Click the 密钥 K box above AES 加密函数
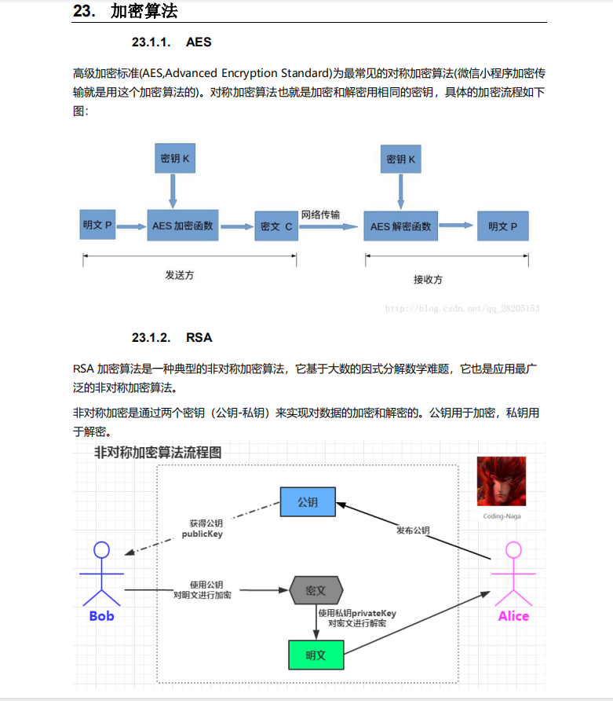(175, 159)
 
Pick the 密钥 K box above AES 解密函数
(401, 160)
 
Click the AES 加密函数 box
(183, 226)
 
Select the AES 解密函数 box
(400, 226)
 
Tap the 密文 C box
(276, 226)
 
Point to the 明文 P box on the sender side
(98, 226)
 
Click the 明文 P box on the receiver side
(502, 226)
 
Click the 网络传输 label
(321, 215)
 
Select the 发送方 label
(179, 276)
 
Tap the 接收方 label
(428, 279)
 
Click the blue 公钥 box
(307, 502)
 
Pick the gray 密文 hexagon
(316, 589)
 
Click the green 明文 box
(316, 655)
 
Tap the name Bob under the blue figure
(101, 616)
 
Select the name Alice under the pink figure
(513, 616)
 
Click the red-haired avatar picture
(501, 481)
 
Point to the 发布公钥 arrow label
(413, 530)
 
